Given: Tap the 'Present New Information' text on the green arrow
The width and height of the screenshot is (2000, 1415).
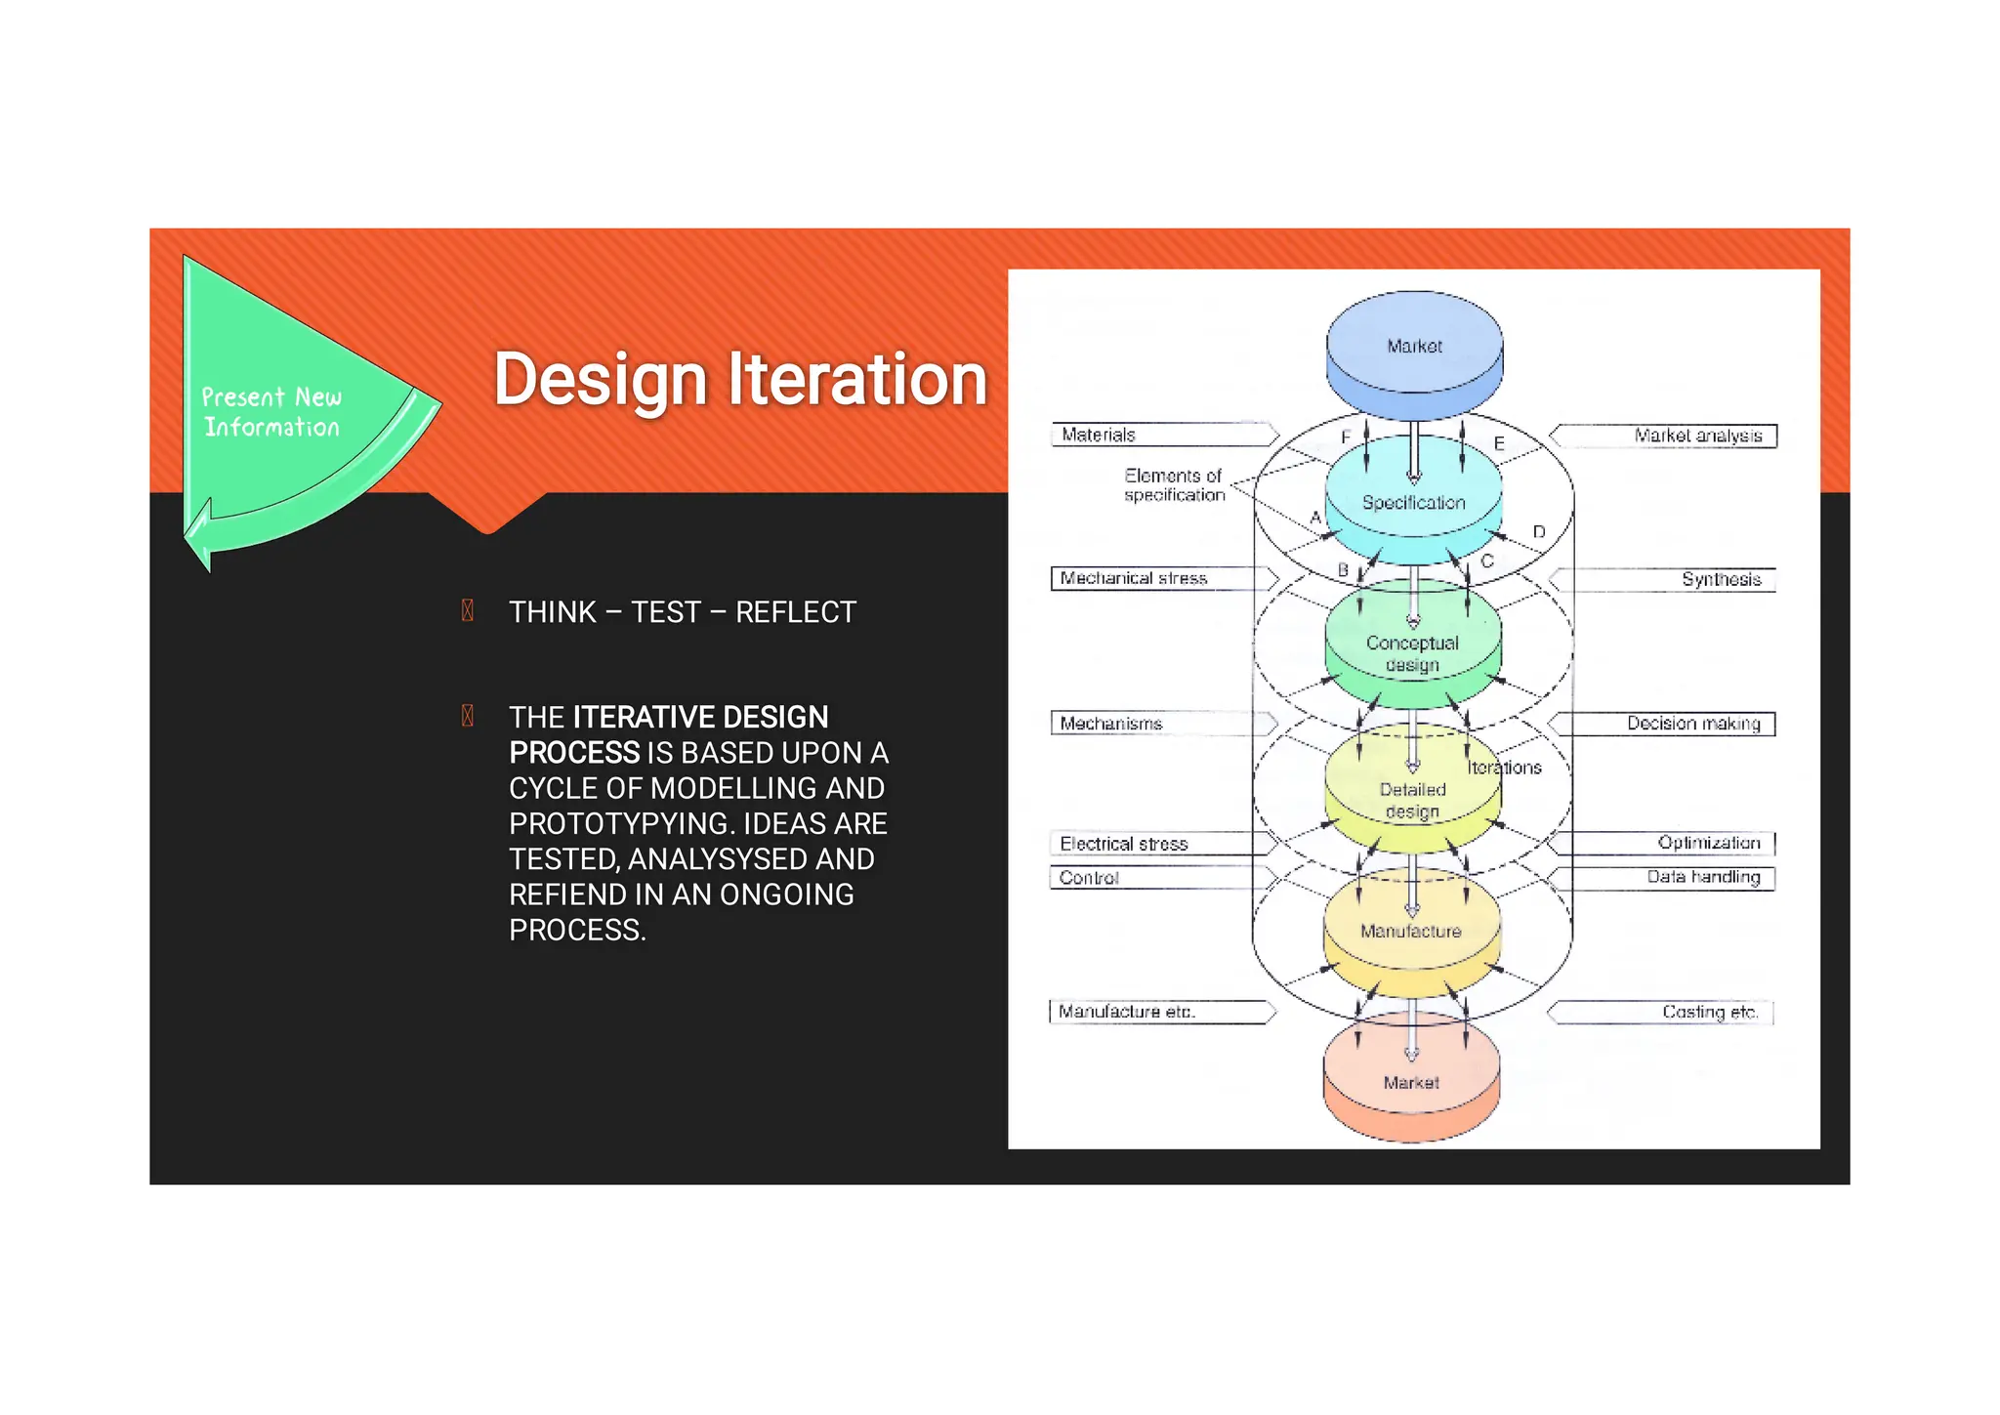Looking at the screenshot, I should (x=271, y=412).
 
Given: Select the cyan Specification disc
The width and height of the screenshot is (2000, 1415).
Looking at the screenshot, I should (x=1413, y=502).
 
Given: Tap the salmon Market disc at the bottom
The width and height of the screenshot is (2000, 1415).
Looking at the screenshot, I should (x=1411, y=1082).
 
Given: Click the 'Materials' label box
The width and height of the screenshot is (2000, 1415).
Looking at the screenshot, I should (x=1162, y=435).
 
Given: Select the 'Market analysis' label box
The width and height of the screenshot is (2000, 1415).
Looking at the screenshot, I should (x=1664, y=436).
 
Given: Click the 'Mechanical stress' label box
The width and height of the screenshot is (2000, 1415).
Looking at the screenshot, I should (x=1162, y=578).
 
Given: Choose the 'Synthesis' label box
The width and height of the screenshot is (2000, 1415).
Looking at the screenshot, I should (x=1664, y=579).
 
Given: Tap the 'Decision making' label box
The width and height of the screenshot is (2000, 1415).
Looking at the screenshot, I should (x=1664, y=724).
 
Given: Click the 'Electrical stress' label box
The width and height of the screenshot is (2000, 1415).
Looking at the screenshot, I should (x=1162, y=844).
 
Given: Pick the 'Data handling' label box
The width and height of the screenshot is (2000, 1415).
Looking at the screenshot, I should (x=1664, y=877).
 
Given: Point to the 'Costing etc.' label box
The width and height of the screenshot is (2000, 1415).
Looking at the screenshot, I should (x=1664, y=1012).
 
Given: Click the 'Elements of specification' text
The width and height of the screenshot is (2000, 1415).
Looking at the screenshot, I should (x=1174, y=485).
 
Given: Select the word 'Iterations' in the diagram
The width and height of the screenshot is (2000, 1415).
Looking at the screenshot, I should (x=1504, y=768).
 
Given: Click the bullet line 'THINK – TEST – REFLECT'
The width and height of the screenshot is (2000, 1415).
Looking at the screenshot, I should (x=682, y=612).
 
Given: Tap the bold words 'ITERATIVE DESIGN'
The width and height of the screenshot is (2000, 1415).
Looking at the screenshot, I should (x=700, y=717).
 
